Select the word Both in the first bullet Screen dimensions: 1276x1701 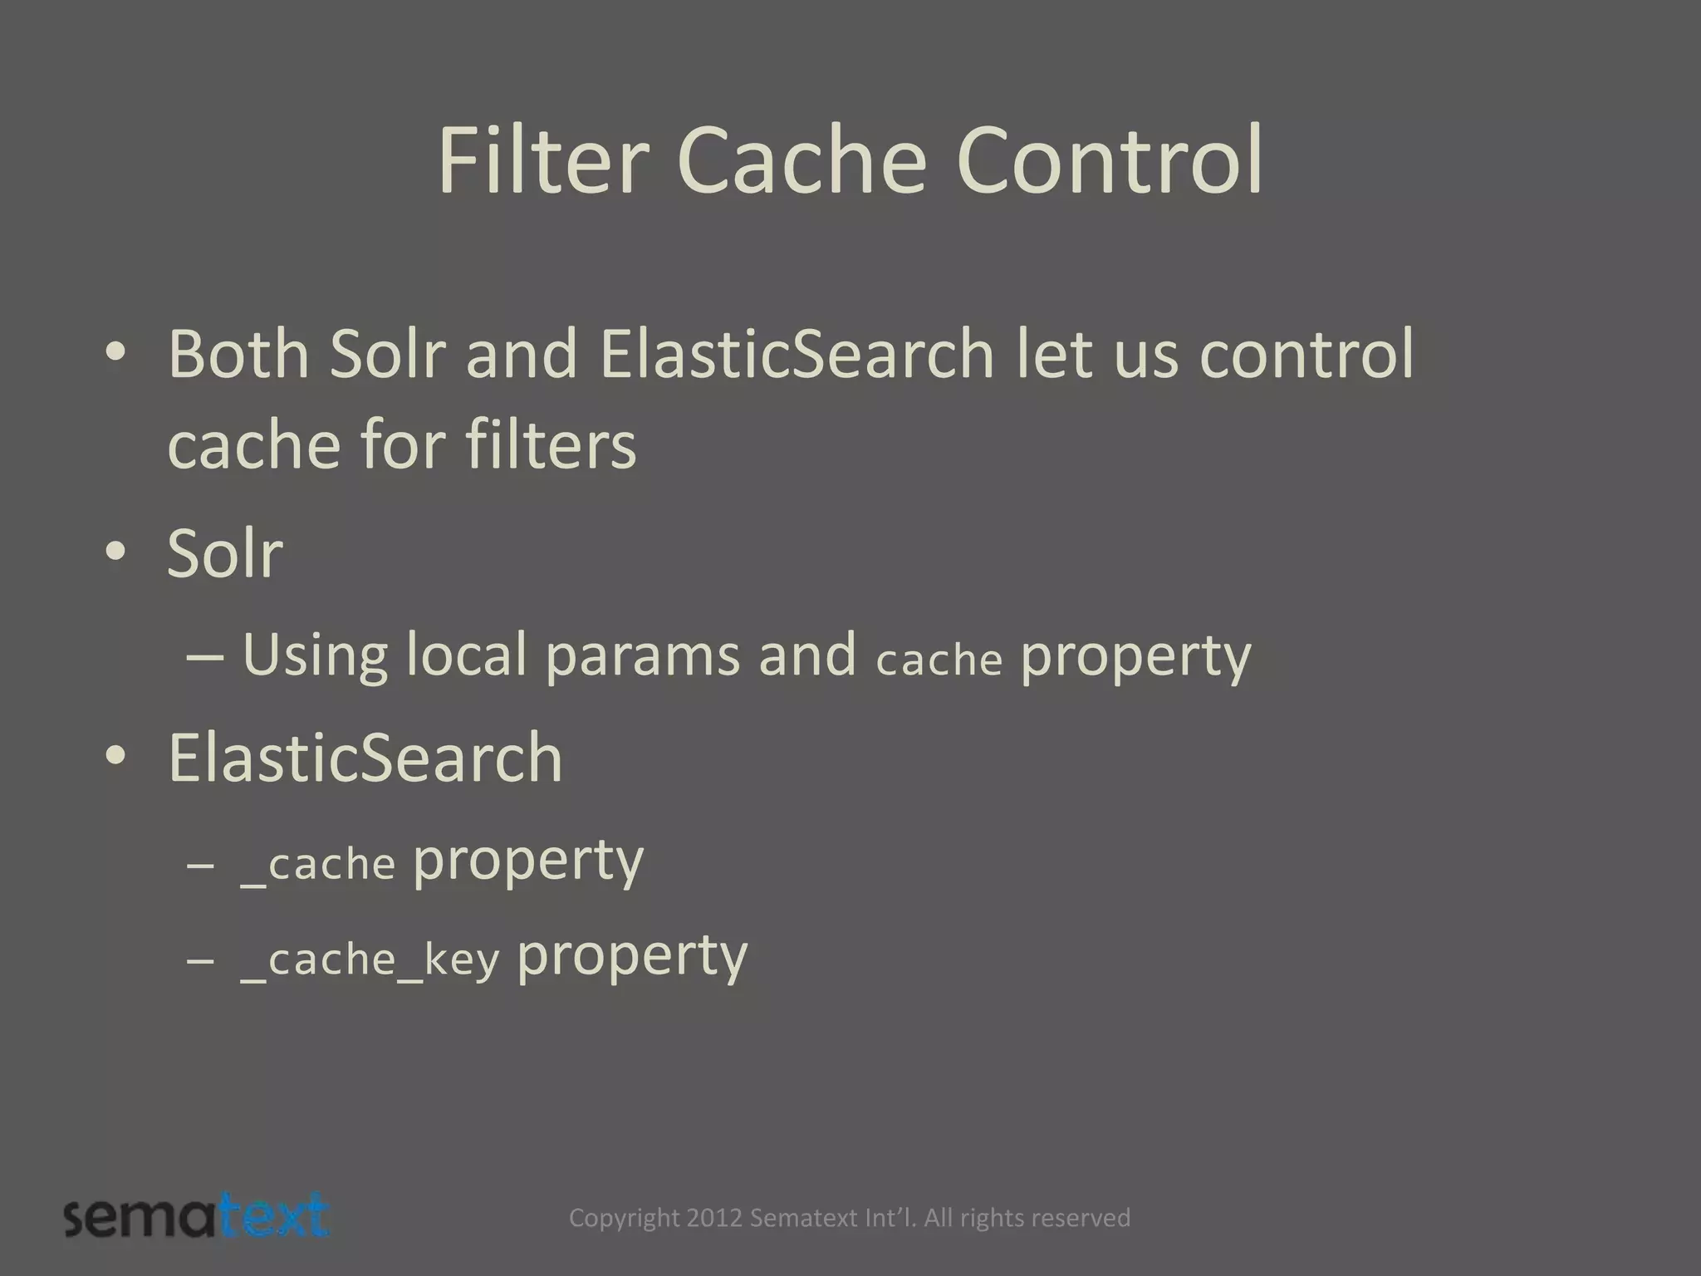[x=238, y=354]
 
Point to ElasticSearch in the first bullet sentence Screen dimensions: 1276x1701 [x=797, y=354]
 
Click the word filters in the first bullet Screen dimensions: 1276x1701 [x=551, y=444]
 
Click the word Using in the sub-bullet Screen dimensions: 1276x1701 [x=315, y=655]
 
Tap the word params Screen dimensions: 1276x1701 [x=642, y=655]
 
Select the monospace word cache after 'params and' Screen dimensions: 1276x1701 [x=939, y=660]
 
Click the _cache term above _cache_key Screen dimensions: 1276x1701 [x=318, y=865]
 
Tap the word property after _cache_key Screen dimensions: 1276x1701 [x=632, y=957]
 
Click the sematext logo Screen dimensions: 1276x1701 [x=197, y=1217]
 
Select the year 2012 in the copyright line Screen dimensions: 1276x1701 [x=715, y=1218]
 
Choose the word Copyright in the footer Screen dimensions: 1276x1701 [x=624, y=1218]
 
